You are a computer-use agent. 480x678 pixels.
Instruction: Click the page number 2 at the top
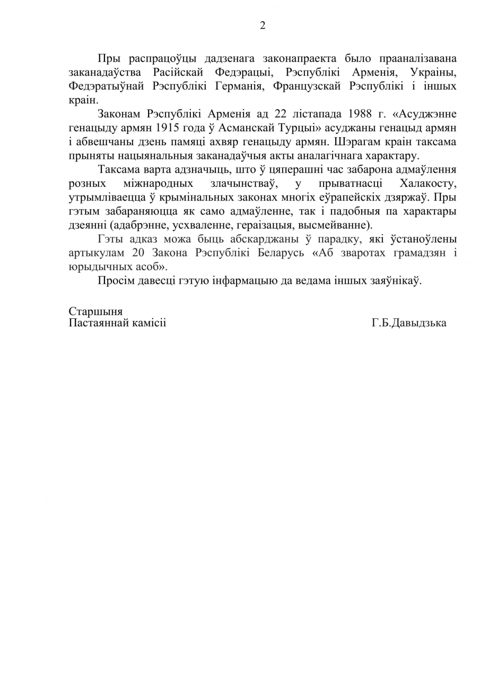click(x=263, y=25)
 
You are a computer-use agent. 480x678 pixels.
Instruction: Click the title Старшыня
click(x=95, y=311)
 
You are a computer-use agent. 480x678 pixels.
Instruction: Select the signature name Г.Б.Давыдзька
click(x=409, y=323)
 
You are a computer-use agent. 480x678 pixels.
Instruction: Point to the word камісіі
click(x=149, y=323)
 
